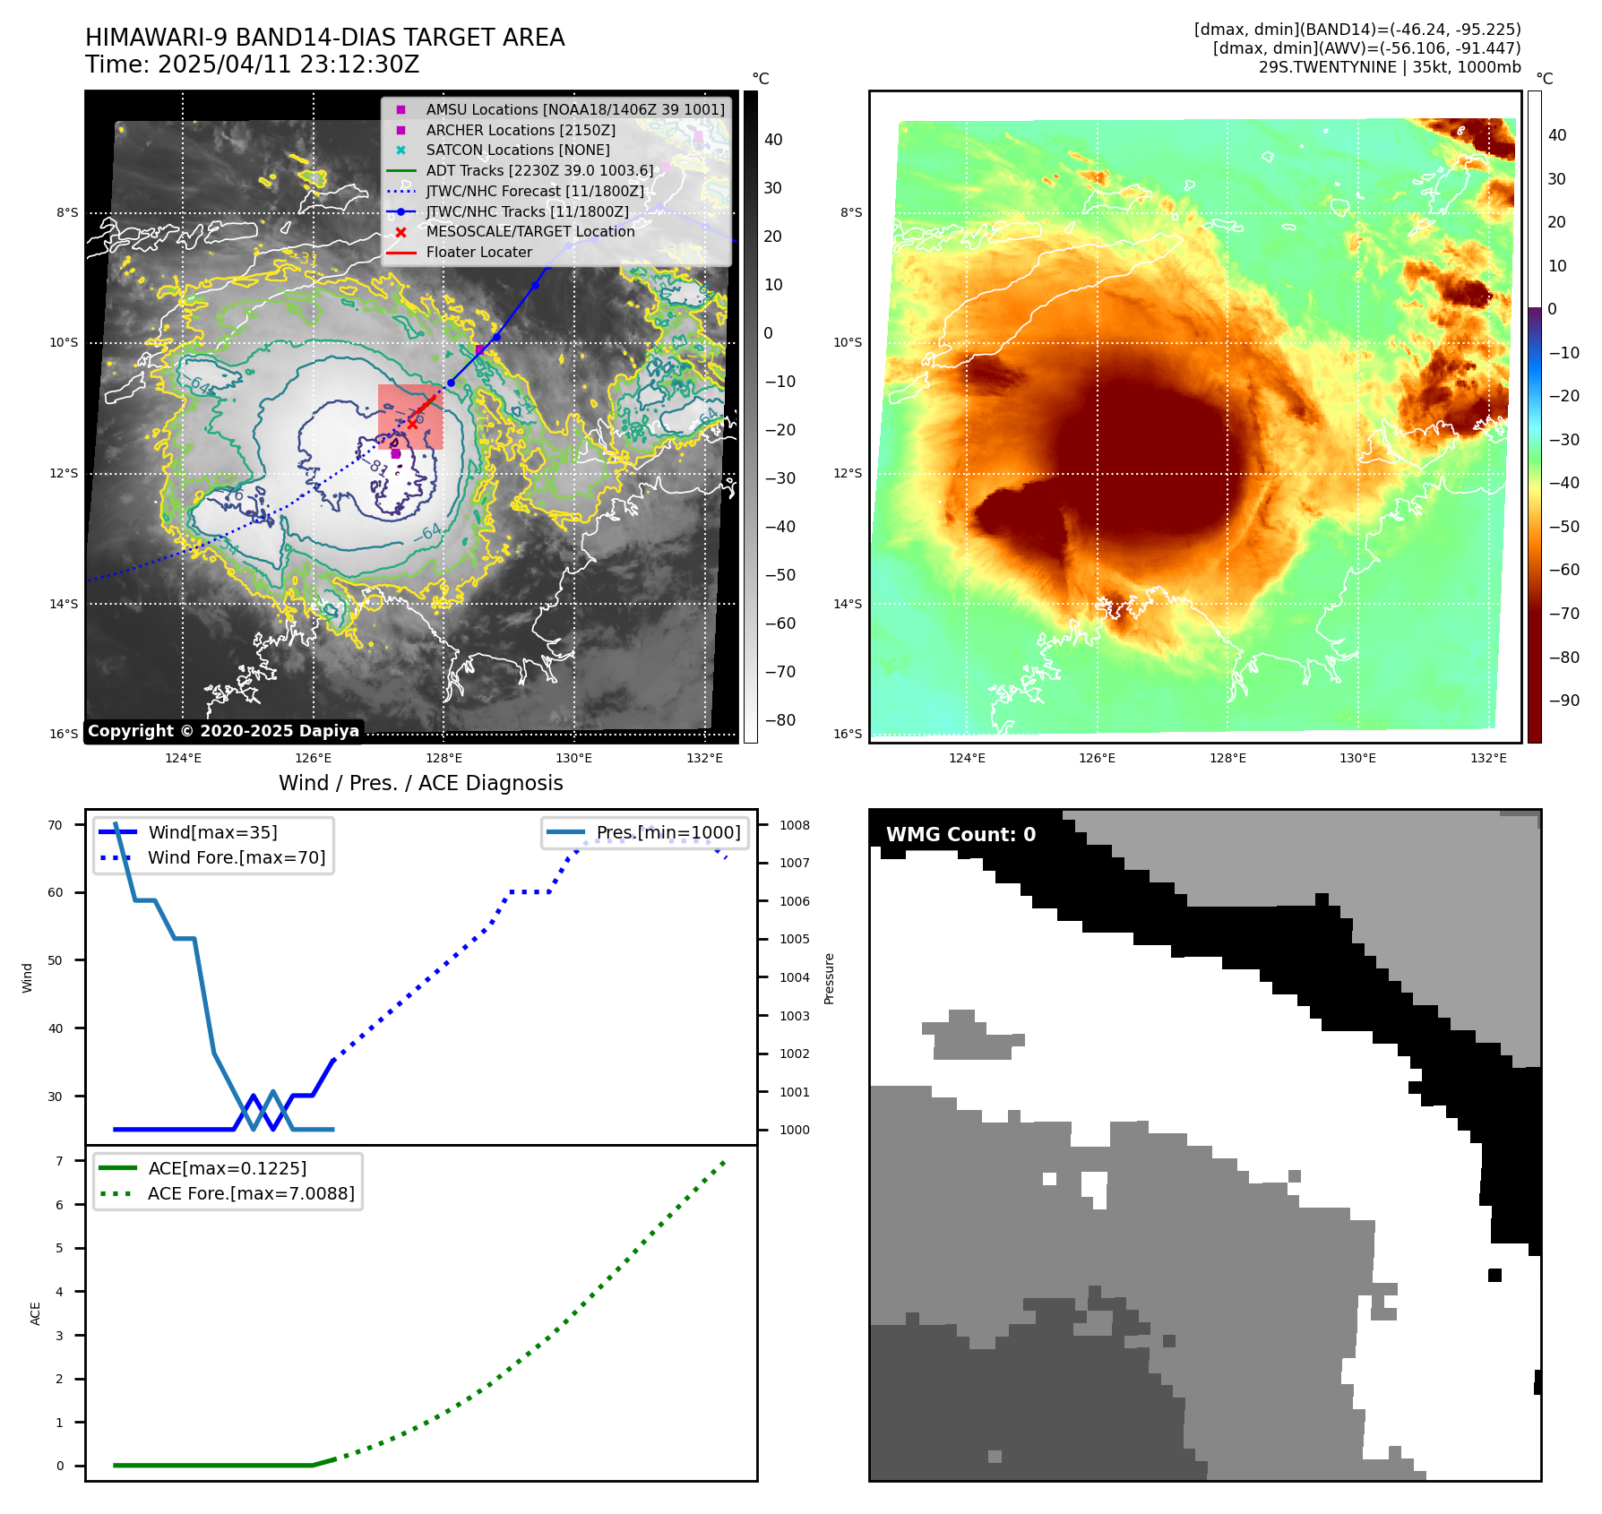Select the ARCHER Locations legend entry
point(520,130)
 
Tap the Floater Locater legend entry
point(478,253)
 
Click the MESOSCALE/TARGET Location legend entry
point(530,232)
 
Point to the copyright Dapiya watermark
point(223,731)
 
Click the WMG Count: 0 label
point(960,835)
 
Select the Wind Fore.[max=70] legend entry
point(236,858)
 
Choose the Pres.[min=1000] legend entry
point(667,833)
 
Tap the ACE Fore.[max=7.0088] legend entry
point(251,1194)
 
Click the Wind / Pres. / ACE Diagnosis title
point(420,784)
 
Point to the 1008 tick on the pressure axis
point(794,825)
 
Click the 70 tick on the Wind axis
point(56,825)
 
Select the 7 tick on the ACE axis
point(59,1161)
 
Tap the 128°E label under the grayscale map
point(444,759)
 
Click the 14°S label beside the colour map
point(848,605)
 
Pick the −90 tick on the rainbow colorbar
point(1563,701)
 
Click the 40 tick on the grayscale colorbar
point(772,140)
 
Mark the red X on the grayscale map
point(413,423)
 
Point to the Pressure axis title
point(829,978)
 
